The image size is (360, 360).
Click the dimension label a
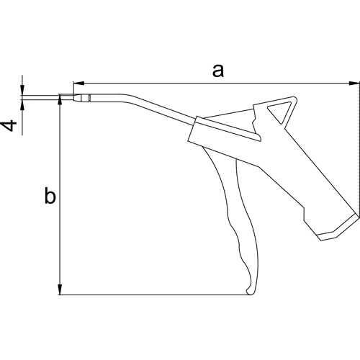[218, 71]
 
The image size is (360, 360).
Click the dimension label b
[50, 195]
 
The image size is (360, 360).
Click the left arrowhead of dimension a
[78, 84]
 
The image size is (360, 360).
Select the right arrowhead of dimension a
[354, 84]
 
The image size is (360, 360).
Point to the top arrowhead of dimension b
[60, 100]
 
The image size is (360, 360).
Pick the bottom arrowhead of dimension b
[60, 289]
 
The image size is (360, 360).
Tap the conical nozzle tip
[77, 98]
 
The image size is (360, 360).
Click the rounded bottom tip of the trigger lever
[250, 291]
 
